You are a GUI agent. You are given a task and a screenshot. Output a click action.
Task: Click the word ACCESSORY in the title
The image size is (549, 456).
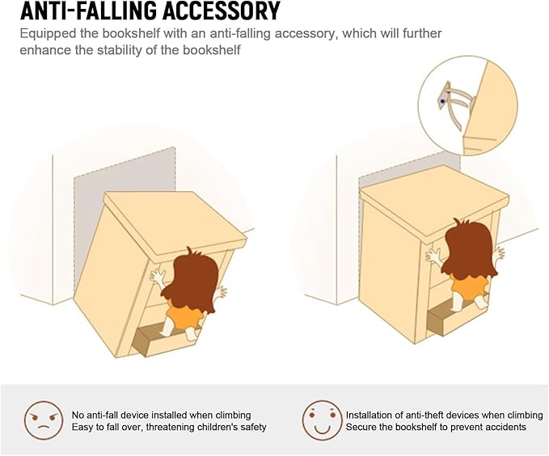[221, 11]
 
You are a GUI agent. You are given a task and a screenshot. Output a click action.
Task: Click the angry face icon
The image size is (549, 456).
[44, 420]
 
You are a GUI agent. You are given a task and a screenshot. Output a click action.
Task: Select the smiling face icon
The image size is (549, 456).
[322, 420]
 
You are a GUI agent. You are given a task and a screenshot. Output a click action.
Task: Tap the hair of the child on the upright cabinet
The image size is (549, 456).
[469, 249]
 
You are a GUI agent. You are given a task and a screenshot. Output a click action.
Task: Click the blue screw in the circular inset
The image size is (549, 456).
[442, 101]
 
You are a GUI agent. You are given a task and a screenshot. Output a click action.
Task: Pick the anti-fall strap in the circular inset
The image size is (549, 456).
[455, 105]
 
